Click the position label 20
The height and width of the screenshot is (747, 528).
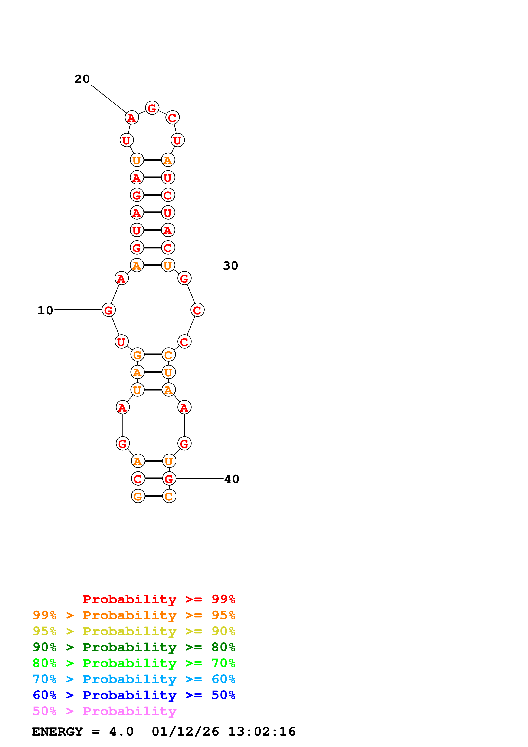[x=82, y=79]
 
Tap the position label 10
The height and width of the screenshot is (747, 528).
[x=45, y=310]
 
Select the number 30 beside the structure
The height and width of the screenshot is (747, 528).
[x=231, y=266]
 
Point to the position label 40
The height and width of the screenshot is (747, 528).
[x=232, y=479]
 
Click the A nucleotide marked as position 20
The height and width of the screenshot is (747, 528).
[x=132, y=118]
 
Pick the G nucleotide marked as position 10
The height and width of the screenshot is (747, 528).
[x=109, y=310]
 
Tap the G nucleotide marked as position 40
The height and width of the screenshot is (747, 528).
[x=169, y=479]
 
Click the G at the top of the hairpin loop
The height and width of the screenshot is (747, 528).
[x=152, y=108]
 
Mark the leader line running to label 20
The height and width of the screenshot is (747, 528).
[x=108, y=99]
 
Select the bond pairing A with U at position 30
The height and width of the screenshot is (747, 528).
[x=152, y=265]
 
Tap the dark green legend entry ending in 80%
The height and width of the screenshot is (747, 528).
[x=134, y=647]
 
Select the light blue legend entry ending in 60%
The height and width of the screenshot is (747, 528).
[x=134, y=679]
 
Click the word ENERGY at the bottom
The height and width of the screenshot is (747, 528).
[x=57, y=732]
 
